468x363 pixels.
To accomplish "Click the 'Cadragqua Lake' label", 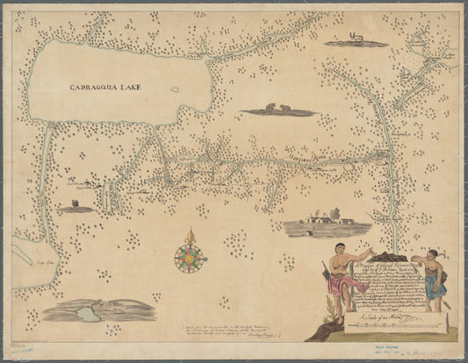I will pyautogui.click(x=105, y=88).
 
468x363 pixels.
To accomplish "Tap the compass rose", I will pyautogui.click(x=190, y=257).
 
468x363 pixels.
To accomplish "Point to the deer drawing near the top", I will pyautogui.click(x=356, y=39).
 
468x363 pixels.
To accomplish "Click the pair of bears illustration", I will pyautogui.click(x=278, y=110).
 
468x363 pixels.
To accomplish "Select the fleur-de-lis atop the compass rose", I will pyautogui.click(x=190, y=235).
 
